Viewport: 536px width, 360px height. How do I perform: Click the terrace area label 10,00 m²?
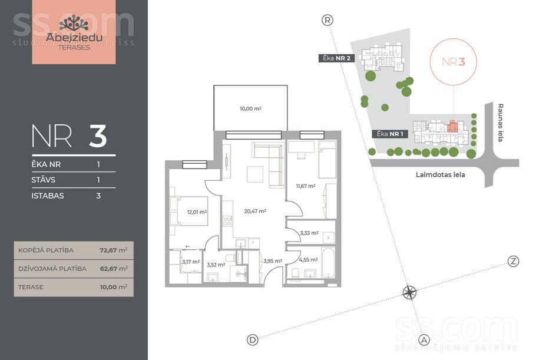point(250,109)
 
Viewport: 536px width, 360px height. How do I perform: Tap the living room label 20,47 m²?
point(255,212)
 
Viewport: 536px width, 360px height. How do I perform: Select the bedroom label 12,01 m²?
point(197,212)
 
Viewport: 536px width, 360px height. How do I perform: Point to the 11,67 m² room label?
point(306,186)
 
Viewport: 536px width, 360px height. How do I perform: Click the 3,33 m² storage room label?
point(309,233)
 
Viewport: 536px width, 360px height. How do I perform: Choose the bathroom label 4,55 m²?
point(308,260)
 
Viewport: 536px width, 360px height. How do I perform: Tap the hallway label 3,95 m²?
point(273,261)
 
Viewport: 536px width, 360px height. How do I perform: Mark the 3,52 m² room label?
point(216,265)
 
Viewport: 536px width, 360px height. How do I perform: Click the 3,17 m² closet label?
point(191,262)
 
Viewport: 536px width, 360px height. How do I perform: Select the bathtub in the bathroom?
point(328,263)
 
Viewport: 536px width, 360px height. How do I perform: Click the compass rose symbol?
point(409,293)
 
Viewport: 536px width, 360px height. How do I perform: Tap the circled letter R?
point(327,20)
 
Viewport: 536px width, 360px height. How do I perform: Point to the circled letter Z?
point(513,262)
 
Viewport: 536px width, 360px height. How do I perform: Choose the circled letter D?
point(253,340)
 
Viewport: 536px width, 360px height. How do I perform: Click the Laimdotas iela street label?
point(441,175)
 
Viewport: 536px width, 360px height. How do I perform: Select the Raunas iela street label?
point(501,123)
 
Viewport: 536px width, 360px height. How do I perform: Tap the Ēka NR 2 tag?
point(336,58)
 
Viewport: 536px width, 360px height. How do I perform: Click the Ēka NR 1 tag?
point(390,134)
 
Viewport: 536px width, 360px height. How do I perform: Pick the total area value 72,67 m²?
point(114,250)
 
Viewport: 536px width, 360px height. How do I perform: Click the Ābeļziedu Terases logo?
point(74,32)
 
